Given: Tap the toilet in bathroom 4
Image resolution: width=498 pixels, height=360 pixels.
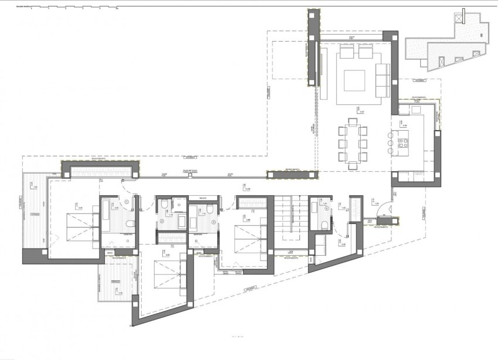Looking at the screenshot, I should pyautogui.click(x=323, y=225).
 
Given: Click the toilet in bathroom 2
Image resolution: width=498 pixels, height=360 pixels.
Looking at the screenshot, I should pyautogui.click(x=166, y=205).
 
